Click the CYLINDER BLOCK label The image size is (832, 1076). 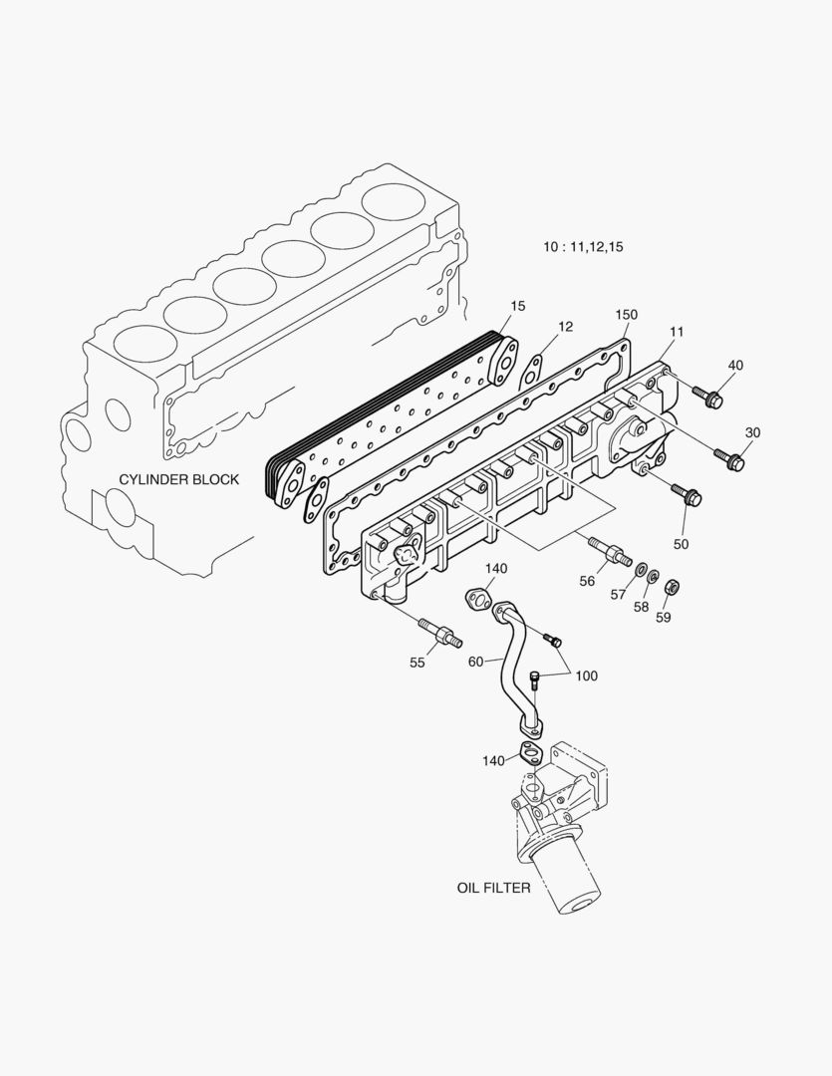point(179,479)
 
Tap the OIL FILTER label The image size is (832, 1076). point(493,887)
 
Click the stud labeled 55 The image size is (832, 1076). point(438,632)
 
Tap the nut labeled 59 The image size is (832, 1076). point(672,586)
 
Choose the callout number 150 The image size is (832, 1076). point(625,315)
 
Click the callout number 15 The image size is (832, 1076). point(517,306)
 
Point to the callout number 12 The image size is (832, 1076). point(565,326)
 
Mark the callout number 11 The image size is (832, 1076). point(677,330)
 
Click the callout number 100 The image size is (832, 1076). point(586,676)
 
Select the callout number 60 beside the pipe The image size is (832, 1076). point(476,661)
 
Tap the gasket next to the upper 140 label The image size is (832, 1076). point(478,599)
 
